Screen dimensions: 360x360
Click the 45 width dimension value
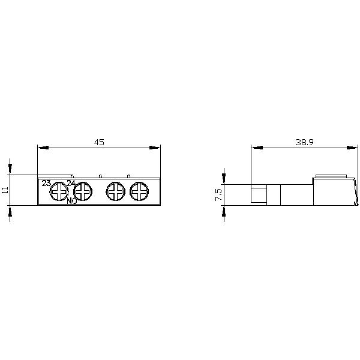pos(99,142)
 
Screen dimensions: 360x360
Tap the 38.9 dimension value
pos(305,142)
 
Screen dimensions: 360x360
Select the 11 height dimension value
pos(5,190)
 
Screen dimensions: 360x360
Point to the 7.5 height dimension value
pos(218,194)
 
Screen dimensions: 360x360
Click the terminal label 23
pos(46,183)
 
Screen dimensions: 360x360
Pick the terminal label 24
pos(70,183)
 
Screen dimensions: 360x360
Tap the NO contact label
pos(71,201)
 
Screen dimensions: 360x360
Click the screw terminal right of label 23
pos(58,192)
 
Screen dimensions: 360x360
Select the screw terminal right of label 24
pos(83,192)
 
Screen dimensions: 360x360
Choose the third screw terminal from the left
pos(115,192)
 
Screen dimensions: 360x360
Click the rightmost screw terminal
pos(139,192)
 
